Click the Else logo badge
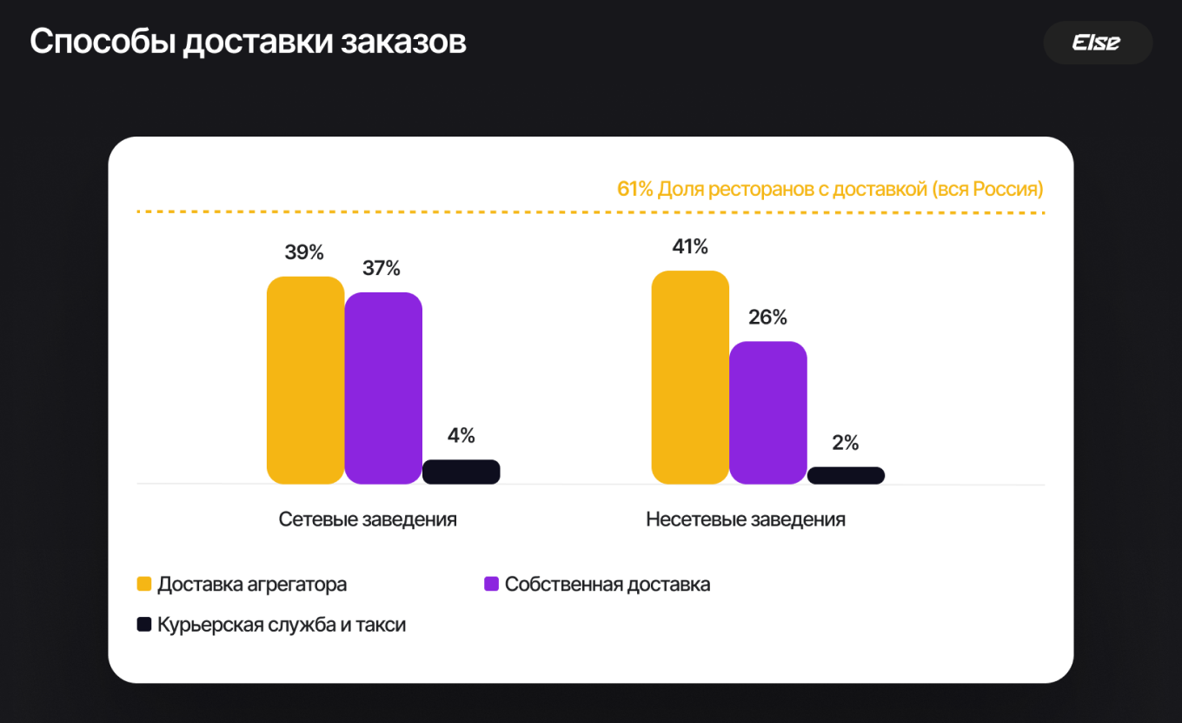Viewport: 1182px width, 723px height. (x=1097, y=43)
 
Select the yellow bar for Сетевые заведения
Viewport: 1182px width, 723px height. (x=305, y=380)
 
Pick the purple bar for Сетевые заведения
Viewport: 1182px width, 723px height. (x=383, y=388)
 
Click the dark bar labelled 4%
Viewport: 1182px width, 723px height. (x=461, y=472)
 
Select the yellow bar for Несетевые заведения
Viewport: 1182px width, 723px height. (x=690, y=377)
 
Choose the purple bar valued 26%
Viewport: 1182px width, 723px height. (x=767, y=412)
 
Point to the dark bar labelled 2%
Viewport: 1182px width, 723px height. (x=846, y=475)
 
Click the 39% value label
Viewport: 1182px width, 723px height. (x=304, y=253)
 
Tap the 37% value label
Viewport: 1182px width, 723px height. (x=382, y=269)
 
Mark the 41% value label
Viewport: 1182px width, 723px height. (x=690, y=247)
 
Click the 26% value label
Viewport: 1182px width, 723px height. (x=767, y=318)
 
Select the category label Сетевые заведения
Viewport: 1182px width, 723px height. (x=368, y=519)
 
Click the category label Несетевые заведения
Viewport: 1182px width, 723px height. (x=746, y=519)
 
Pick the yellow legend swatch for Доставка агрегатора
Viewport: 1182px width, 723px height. (x=144, y=584)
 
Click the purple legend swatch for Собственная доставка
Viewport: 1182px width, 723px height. (x=491, y=584)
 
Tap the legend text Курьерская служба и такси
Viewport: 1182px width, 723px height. (x=282, y=625)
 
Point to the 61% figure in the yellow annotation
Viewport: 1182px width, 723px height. (x=634, y=189)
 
